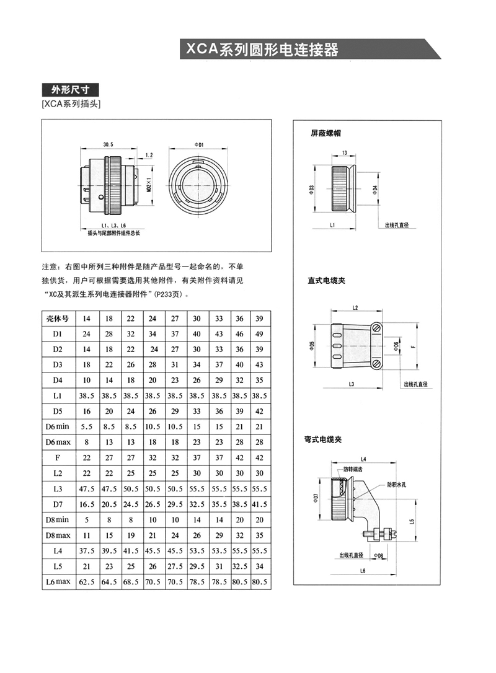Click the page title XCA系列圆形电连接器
[259, 49]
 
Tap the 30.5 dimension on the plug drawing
[108, 144]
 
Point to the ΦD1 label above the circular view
[200, 144]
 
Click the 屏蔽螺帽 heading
[326, 133]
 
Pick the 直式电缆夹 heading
[327, 280]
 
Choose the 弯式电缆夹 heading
[327, 439]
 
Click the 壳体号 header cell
[58, 319]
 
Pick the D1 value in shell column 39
[259, 334]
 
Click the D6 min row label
[58, 427]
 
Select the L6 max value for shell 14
[87, 582]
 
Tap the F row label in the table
[58, 458]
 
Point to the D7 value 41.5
[259, 504]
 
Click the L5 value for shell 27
[175, 566]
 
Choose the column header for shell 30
[197, 319]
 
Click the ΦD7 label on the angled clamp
[316, 498]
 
